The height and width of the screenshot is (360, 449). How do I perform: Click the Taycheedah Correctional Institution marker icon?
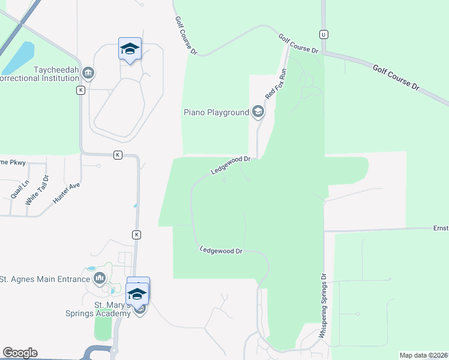pyautogui.click(x=88, y=73)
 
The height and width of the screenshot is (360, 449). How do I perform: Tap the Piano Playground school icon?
pyautogui.click(x=258, y=112)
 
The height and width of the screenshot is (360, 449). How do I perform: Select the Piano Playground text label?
pyautogui.click(x=216, y=112)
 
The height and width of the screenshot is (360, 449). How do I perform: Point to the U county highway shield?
pyautogui.click(x=324, y=34)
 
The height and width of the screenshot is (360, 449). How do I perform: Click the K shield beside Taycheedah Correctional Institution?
pyautogui.click(x=80, y=90)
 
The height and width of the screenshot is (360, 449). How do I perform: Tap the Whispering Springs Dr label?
pyautogui.click(x=322, y=306)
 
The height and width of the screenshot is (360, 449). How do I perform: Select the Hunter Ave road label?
pyautogui.click(x=66, y=194)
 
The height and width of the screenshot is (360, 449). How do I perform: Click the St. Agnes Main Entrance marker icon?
pyautogui.click(x=99, y=278)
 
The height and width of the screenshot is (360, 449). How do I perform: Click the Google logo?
pyautogui.click(x=20, y=353)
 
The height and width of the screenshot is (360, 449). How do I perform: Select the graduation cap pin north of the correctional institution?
pyautogui.click(x=130, y=49)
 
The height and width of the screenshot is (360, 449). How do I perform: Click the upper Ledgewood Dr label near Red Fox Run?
pyautogui.click(x=230, y=165)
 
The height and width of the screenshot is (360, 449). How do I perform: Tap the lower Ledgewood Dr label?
pyautogui.click(x=221, y=250)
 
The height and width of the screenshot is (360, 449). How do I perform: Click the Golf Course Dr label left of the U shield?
pyautogui.click(x=298, y=44)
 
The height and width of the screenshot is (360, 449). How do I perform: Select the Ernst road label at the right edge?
pyautogui.click(x=441, y=228)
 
